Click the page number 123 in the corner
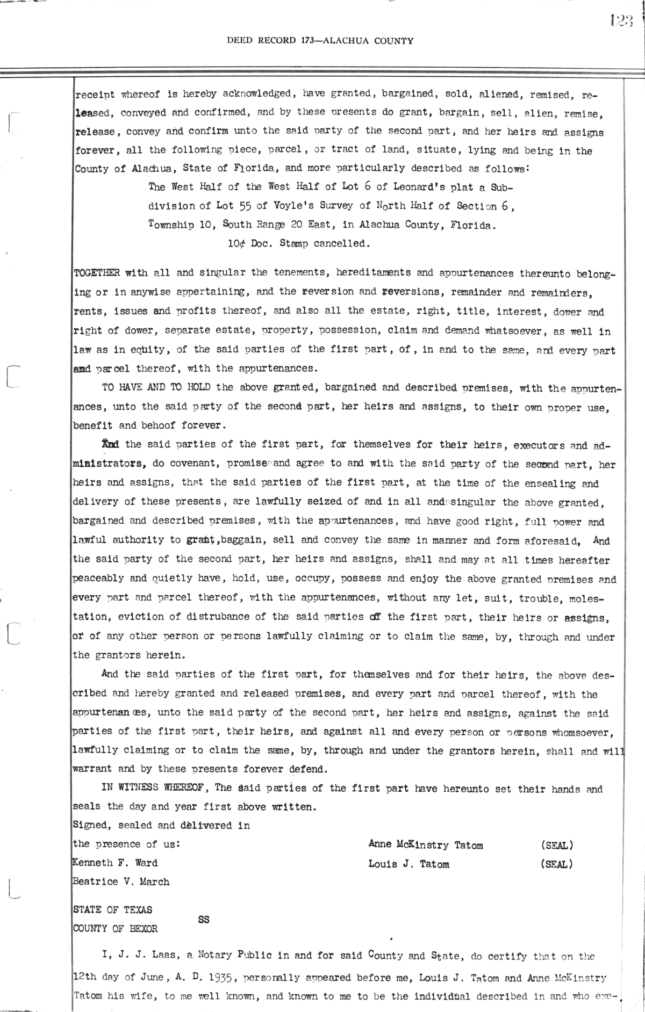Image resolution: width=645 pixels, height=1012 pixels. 622,21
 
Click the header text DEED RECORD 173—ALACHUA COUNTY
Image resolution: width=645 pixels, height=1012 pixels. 320,40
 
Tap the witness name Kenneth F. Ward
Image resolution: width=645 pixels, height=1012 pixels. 115,863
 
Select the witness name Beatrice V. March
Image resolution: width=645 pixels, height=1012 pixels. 121,881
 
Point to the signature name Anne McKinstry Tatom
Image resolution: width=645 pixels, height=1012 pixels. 426,845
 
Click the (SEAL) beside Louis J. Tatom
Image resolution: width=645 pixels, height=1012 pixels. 557,864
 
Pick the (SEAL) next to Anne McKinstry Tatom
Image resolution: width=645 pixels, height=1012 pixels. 557,845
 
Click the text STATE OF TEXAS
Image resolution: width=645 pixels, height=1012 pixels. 113,909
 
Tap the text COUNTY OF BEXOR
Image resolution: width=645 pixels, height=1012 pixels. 116,928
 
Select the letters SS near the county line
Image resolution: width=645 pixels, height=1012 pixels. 204,919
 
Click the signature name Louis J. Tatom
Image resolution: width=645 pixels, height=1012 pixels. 408,864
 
